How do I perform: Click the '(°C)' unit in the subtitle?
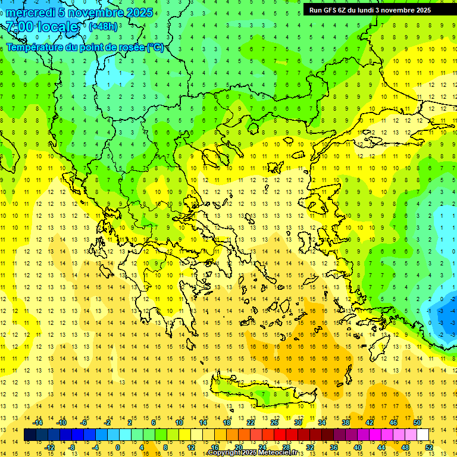click(x=155, y=47)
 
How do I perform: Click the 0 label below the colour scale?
click(x=117, y=447)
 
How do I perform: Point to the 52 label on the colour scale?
click(x=428, y=447)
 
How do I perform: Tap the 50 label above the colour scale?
click(x=417, y=422)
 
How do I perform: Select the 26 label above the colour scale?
click(x=274, y=422)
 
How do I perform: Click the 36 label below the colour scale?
click(x=334, y=447)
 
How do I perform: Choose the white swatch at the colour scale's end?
click(x=422, y=435)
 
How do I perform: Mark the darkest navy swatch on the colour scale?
click(x=30, y=435)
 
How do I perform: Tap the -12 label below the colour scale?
click(x=50, y=447)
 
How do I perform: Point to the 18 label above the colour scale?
click(x=227, y=422)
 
